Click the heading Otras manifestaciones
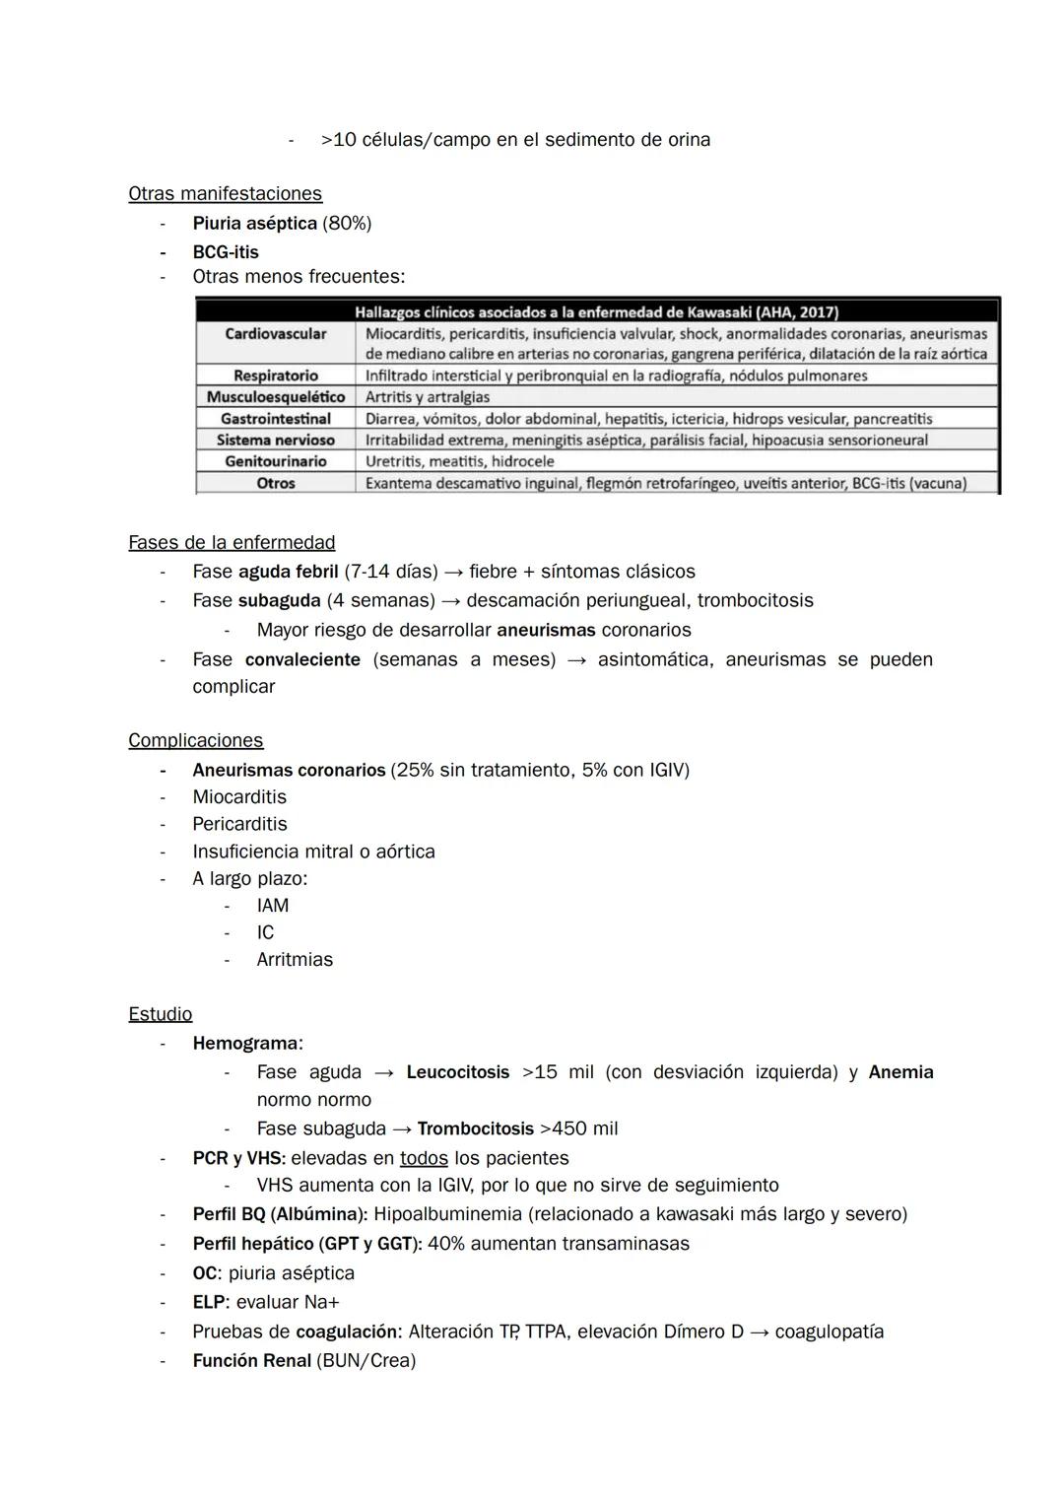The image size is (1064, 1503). [225, 194]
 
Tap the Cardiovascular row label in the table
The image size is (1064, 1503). [275, 334]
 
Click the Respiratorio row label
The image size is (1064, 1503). [275, 376]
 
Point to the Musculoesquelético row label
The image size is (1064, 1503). [275, 397]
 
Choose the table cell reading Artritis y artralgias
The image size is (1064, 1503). [428, 397]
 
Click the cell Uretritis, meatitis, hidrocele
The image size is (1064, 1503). [459, 461]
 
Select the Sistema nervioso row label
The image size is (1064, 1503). [275, 440]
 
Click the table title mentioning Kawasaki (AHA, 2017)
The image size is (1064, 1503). [596, 312]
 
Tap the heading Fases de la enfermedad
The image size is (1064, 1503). [232, 543]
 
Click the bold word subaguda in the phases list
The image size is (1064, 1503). [279, 600]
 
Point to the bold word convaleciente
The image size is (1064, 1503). [302, 659]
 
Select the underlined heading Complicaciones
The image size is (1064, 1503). [195, 740]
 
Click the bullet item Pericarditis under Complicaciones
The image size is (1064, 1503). [239, 824]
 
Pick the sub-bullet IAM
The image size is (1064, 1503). [272, 905]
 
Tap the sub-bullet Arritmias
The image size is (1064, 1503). [295, 959]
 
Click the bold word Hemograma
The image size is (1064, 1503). [245, 1043]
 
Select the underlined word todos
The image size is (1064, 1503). [424, 1158]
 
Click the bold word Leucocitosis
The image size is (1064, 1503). [457, 1072]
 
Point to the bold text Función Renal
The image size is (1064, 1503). [251, 1361]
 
